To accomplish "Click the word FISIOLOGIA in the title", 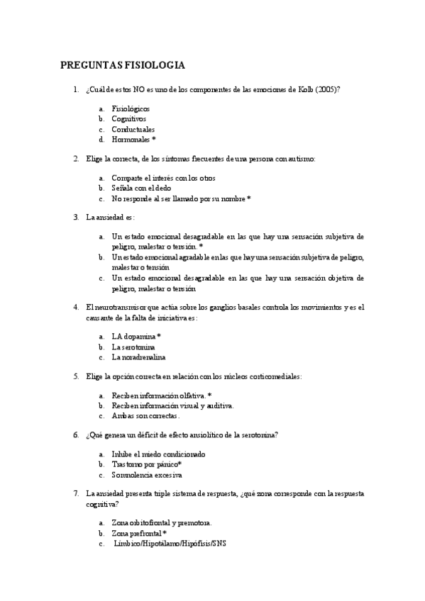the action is pos(155,66).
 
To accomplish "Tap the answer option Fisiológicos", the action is pos(131,108).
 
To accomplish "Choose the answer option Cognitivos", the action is pos(128,119).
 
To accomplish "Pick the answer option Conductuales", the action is pos(133,130).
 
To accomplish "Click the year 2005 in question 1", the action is pos(326,90).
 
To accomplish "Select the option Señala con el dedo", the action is pos(142,189).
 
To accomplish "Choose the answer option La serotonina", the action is pos(133,347).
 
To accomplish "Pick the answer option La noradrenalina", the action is pos(138,358).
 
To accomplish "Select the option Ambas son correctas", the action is pos(140,416).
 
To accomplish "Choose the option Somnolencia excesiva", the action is pos(146,474).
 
